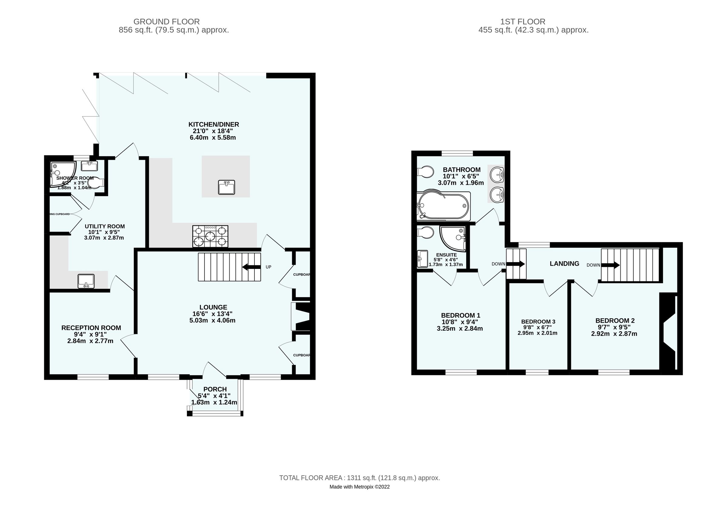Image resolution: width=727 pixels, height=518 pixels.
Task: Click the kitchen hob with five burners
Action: pyautogui.click(x=210, y=236)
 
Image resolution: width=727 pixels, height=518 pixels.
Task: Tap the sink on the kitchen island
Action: pyautogui.click(x=226, y=187)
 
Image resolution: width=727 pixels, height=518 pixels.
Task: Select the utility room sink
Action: pyautogui.click(x=86, y=281)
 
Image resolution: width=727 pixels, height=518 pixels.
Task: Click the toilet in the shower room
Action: pyautogui.click(x=96, y=183)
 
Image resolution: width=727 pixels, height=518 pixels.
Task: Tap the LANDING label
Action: pyautogui.click(x=564, y=264)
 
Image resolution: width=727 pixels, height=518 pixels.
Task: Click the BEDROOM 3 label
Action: pyautogui.click(x=537, y=322)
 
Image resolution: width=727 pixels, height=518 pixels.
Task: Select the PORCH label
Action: pyautogui.click(x=215, y=389)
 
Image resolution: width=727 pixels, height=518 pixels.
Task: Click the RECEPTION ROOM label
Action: pyautogui.click(x=91, y=328)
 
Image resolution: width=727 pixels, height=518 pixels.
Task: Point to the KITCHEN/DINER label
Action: pyautogui.click(x=213, y=124)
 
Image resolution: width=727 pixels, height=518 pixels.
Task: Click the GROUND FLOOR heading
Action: pyautogui.click(x=166, y=22)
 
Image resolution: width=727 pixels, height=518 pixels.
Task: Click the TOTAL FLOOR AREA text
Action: pyautogui.click(x=359, y=478)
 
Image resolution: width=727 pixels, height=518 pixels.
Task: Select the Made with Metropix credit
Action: pyautogui.click(x=359, y=487)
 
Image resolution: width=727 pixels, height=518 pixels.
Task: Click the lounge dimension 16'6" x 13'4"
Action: pyautogui.click(x=212, y=314)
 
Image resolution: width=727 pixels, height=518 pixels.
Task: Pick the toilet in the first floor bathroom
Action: pyautogui.click(x=425, y=172)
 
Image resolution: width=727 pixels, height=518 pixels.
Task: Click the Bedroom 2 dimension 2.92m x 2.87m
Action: pyautogui.click(x=614, y=334)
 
